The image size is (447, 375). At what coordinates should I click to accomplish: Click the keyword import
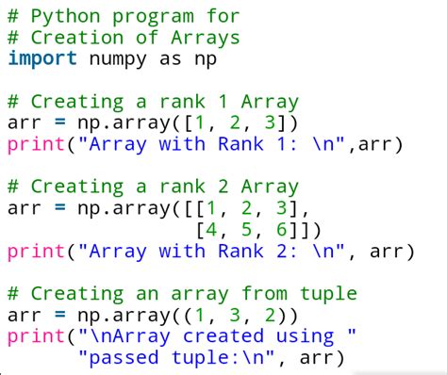[x=43, y=58]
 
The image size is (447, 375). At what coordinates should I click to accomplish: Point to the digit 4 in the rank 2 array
[x=208, y=229]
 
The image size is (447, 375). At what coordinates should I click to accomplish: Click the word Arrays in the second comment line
[x=207, y=38]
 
